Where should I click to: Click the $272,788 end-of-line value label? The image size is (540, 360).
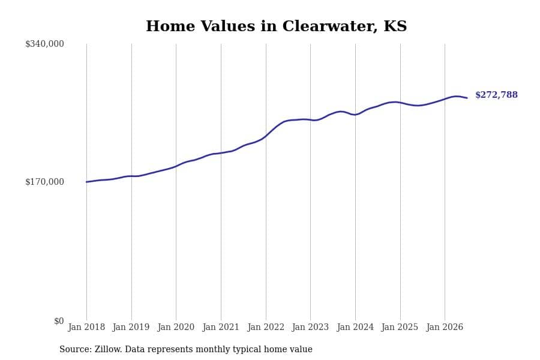click(496, 95)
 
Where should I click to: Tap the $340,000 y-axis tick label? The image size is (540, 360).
click(44, 44)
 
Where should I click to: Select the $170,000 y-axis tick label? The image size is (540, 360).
click(44, 182)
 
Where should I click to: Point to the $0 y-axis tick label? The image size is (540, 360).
click(59, 321)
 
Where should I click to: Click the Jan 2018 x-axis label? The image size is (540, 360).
click(86, 327)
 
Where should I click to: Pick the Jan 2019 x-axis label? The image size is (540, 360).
click(131, 327)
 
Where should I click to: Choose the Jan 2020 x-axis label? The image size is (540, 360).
click(176, 327)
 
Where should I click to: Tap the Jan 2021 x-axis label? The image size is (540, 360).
click(221, 327)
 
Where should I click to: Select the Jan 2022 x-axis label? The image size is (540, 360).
click(266, 327)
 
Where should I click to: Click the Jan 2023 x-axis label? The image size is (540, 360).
click(310, 327)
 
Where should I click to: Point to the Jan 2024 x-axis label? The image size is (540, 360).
click(355, 327)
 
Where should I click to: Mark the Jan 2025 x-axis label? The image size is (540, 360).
click(400, 327)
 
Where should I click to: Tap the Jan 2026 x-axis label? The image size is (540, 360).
click(445, 327)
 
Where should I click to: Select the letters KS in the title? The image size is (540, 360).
click(395, 26)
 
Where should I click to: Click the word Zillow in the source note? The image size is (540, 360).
click(108, 349)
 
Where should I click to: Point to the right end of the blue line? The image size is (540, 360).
click(467, 98)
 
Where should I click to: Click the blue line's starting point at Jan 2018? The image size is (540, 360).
click(86, 182)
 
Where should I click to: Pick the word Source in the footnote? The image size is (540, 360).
click(76, 349)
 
